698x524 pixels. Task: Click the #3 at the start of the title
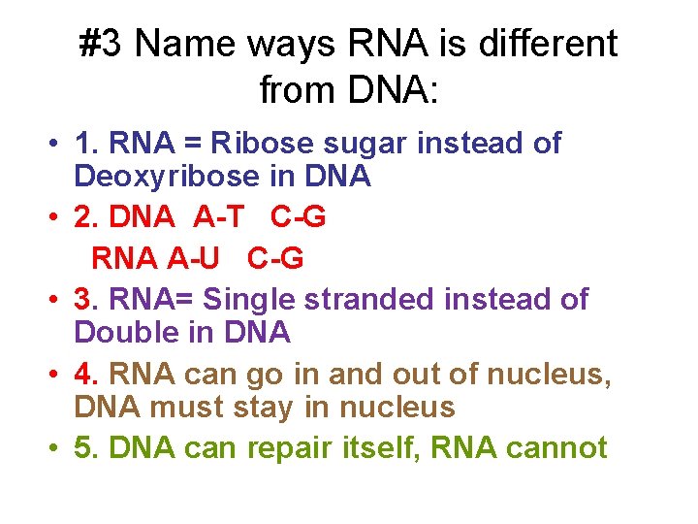[x=103, y=44]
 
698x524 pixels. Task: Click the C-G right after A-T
[x=298, y=218]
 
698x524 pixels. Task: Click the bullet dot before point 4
[x=53, y=375]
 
